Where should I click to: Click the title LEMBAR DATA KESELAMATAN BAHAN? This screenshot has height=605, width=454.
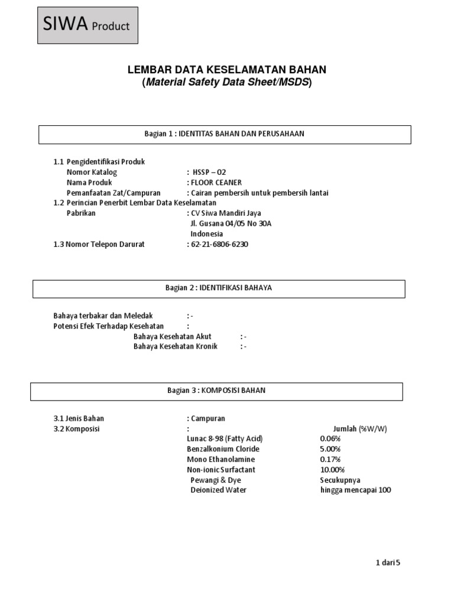coord(226,70)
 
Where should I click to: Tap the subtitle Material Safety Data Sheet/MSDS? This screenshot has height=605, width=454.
coord(226,83)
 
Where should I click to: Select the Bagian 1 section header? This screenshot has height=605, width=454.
coord(225,134)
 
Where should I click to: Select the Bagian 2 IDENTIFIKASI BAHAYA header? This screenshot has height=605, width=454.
coord(219,288)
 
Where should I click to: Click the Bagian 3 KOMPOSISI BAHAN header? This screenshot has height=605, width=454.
coord(216,391)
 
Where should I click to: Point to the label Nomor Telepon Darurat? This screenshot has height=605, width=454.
coord(99,244)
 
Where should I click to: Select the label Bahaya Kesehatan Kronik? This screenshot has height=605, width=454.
coord(176,346)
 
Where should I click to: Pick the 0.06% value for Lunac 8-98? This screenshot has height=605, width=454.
coord(330,438)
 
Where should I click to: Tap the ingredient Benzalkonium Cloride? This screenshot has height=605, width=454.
coord(223,449)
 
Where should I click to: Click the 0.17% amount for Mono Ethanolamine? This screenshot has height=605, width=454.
coord(330,459)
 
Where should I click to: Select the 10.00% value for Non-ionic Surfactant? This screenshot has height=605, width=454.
coord(332,470)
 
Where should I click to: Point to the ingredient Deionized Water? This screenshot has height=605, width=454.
coord(218,490)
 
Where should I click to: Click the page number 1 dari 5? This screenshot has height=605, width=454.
coord(388,563)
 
